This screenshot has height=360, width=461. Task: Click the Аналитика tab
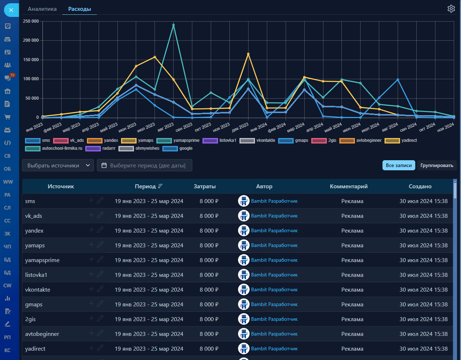click(x=42, y=9)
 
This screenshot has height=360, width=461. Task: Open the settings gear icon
click(x=451, y=9)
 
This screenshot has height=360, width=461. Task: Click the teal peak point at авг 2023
click(x=174, y=25)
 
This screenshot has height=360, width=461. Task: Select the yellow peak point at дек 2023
click(x=248, y=54)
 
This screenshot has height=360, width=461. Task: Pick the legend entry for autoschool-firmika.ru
click(x=54, y=148)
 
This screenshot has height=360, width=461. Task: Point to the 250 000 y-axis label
click(x=31, y=21)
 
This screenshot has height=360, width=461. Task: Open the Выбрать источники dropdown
click(x=58, y=165)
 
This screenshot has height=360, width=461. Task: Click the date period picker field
click(x=144, y=165)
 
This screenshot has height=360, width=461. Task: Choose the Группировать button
click(x=437, y=165)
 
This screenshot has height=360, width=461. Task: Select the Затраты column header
click(x=205, y=186)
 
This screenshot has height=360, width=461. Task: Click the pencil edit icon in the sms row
click(x=100, y=200)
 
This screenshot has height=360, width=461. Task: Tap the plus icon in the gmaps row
click(x=91, y=303)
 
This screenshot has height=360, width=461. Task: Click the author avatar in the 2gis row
click(x=244, y=319)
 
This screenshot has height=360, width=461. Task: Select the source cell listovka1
click(x=36, y=275)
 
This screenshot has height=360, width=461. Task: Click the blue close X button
click(x=11, y=10)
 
